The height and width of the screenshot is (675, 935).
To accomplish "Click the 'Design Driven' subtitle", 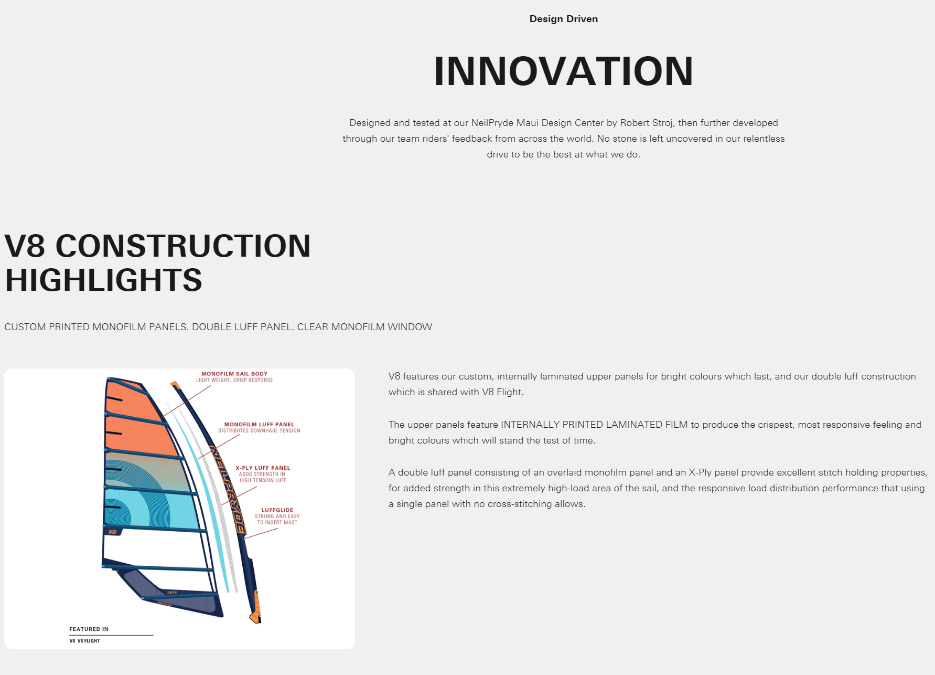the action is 564,19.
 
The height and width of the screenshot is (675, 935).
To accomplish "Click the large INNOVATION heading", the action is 564,71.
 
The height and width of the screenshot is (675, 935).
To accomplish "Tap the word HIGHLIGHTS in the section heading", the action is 103,280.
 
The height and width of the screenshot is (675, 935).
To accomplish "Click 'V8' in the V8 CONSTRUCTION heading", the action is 25,246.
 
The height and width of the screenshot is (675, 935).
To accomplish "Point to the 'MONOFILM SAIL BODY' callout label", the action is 234,374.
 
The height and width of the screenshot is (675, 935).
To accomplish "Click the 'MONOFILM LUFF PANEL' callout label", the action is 259,425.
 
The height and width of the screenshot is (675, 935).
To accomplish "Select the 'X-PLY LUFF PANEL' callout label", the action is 263,468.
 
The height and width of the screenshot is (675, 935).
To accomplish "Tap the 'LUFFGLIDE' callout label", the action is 277,510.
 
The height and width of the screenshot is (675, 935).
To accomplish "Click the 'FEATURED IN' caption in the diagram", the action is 89,629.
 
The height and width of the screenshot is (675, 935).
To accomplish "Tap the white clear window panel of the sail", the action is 157,549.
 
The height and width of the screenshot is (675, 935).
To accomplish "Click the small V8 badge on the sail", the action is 112,532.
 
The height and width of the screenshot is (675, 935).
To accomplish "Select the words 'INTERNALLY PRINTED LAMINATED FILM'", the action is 594,425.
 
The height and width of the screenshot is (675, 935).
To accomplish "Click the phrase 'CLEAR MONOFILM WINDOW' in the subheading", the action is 364,327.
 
